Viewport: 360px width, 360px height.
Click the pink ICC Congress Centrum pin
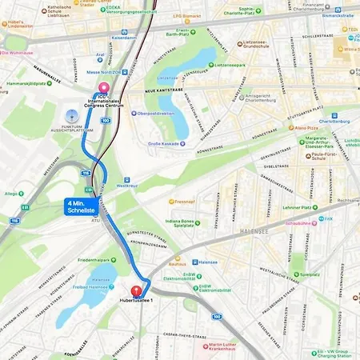click(102, 90)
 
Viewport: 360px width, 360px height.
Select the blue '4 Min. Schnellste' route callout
click(82, 207)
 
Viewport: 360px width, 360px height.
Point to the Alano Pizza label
click(307, 127)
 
